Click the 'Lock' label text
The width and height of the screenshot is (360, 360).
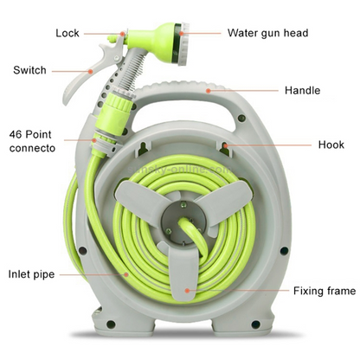coord(67,33)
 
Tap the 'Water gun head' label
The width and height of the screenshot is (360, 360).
coord(267,33)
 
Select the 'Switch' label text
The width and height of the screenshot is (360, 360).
coord(29,70)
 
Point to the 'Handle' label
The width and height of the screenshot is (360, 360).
coord(302,90)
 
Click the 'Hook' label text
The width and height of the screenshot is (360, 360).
coord(331,145)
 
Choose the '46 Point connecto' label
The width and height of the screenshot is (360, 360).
coord(32,141)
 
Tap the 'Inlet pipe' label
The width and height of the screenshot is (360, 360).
coord(31,274)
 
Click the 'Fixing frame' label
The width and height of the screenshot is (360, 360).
coord(325,291)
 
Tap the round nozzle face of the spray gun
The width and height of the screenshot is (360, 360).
coord(182,43)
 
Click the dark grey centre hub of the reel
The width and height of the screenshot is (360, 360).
coord(184,220)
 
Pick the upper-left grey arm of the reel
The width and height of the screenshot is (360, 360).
coord(138,199)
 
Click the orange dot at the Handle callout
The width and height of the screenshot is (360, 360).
coord(208,91)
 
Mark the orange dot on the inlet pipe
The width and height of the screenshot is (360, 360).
coord(126,274)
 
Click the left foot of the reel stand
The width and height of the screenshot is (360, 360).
coord(123,323)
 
